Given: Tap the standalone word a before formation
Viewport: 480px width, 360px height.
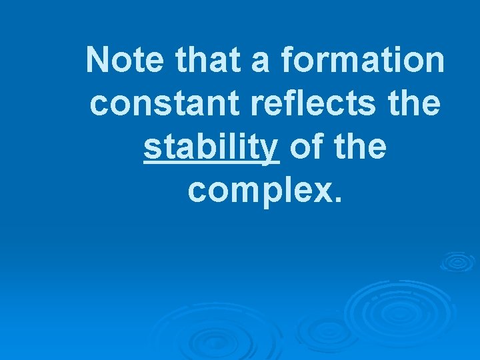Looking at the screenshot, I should click(x=263, y=61).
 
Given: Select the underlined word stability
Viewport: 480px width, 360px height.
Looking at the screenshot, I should click(x=211, y=148).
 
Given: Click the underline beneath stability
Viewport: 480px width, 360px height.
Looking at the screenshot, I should click(x=211, y=162).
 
